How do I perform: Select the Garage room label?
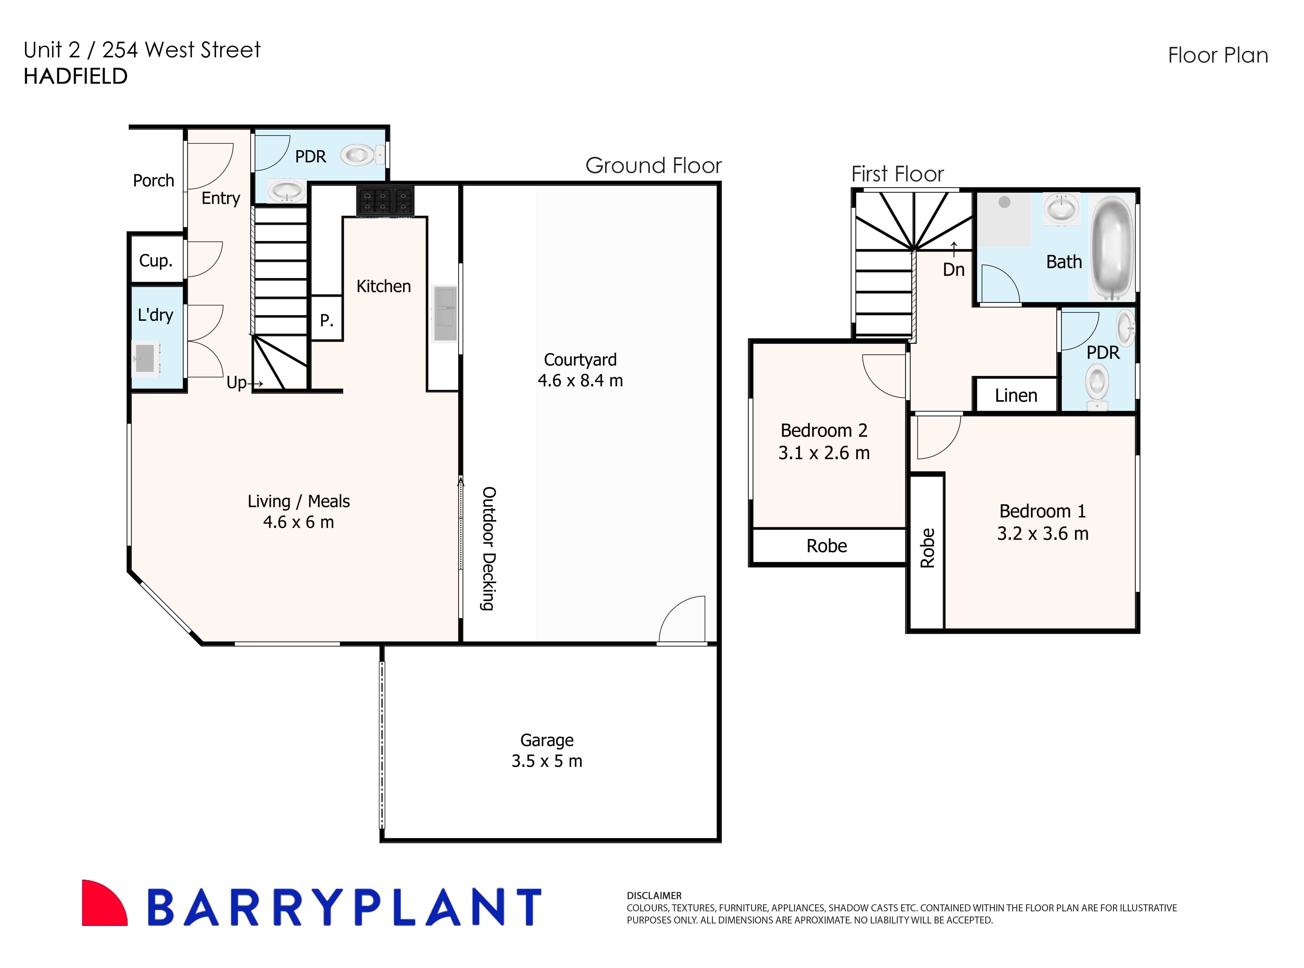[547, 740]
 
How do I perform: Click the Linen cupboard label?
[1016, 396]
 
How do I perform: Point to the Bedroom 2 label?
[823, 431]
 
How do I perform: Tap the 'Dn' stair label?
[954, 270]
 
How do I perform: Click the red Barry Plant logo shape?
[103, 903]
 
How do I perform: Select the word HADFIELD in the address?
[76, 76]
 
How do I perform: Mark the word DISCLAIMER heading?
[654, 895]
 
